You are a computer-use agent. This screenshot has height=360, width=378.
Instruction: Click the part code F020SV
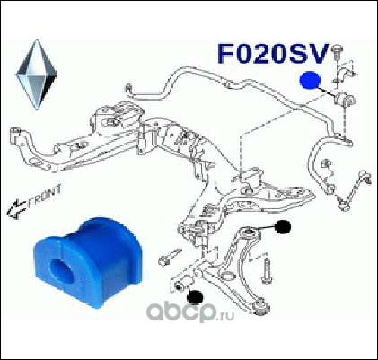click(272, 54)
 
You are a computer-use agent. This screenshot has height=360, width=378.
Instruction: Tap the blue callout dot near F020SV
click(310, 80)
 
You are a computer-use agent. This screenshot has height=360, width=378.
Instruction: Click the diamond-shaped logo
click(36, 75)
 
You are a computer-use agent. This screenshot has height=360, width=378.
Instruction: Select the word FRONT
click(44, 196)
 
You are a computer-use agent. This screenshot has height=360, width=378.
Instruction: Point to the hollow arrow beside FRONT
click(15, 209)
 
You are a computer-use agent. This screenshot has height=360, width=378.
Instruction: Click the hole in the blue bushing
click(61, 270)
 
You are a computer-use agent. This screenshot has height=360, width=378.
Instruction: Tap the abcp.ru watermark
click(190, 312)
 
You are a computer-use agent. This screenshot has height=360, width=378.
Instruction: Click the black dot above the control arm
click(283, 227)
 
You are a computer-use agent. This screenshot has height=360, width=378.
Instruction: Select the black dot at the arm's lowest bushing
click(195, 297)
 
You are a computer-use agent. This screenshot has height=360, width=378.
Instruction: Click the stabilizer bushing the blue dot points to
click(345, 101)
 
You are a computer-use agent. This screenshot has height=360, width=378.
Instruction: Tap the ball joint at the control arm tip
click(261, 307)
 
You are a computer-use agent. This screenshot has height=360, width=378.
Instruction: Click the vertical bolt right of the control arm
click(267, 270)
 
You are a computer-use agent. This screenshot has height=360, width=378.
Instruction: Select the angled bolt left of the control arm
click(170, 257)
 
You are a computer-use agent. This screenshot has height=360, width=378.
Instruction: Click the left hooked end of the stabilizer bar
click(129, 91)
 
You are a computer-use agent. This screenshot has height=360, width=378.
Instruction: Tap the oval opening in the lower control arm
click(228, 276)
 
